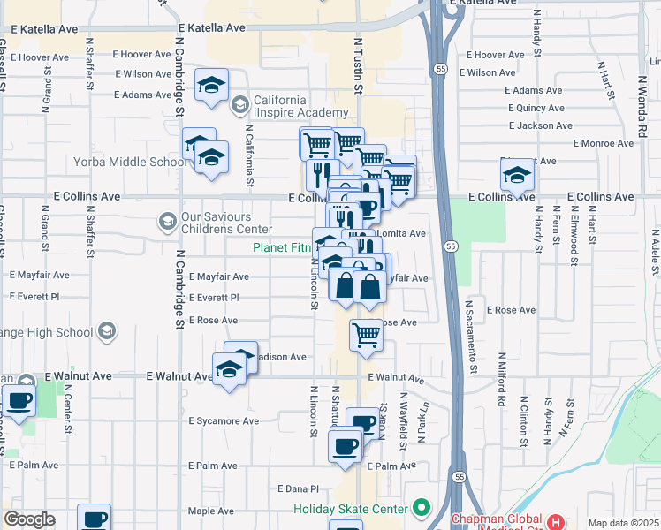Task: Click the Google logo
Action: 30,519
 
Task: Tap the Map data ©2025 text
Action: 624,523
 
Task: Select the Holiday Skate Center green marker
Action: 421,509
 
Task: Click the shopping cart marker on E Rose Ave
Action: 366,336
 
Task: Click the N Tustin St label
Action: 359,64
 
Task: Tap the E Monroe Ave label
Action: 604,143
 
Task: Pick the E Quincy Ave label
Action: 535,108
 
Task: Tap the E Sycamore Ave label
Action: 224,421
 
